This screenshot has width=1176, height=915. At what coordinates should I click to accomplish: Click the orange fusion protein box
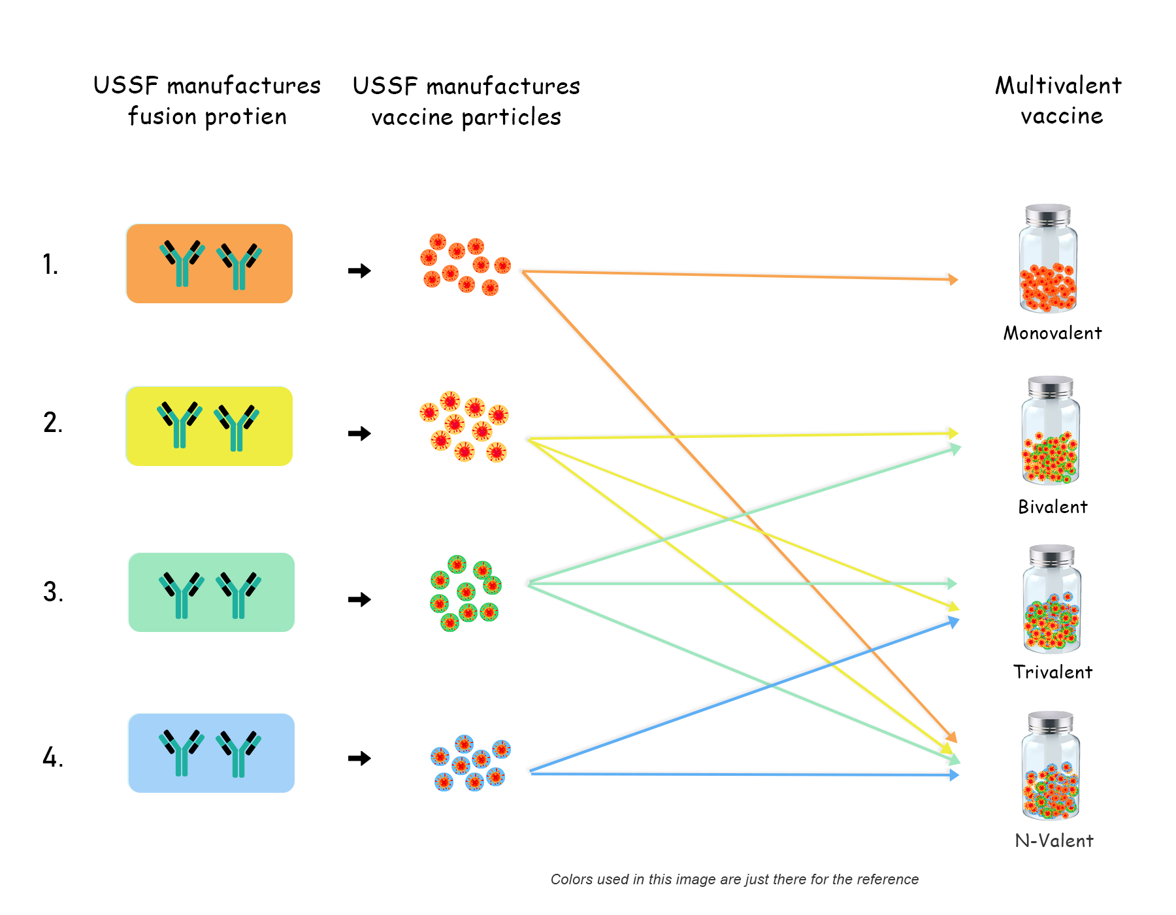(x=209, y=263)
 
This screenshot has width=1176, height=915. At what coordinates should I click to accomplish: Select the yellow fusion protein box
(x=209, y=426)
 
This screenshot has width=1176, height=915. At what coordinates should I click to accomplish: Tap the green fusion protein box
(x=211, y=592)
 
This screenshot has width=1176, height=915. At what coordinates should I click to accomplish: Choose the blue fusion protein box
(x=211, y=753)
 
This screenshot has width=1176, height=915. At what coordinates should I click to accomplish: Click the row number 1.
(x=50, y=265)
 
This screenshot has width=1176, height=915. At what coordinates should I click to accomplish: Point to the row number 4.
(x=53, y=757)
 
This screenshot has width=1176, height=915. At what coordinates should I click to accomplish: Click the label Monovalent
(x=1053, y=333)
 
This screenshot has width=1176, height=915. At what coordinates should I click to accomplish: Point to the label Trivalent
(x=1053, y=672)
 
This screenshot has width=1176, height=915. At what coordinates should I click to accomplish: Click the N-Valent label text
(x=1054, y=840)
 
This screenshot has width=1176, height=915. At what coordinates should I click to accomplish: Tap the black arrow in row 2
(x=359, y=433)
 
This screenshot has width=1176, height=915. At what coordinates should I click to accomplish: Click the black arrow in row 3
(x=359, y=599)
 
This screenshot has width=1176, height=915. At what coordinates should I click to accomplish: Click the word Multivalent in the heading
(x=1058, y=86)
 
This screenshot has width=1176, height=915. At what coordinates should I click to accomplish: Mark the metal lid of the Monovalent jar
(x=1048, y=215)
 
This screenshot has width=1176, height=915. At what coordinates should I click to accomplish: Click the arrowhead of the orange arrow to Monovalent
(x=953, y=280)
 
